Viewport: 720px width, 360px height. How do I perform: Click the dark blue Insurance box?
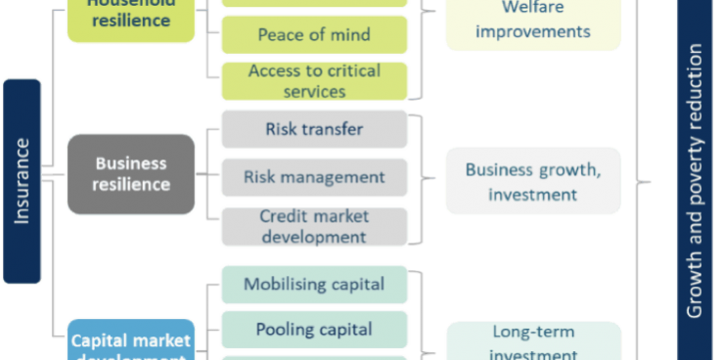pyautogui.click(x=22, y=181)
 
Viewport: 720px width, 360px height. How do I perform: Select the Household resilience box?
pyautogui.click(x=129, y=18)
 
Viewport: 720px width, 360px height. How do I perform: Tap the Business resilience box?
pyautogui.click(x=131, y=174)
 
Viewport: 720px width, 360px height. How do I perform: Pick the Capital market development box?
pyautogui.click(x=131, y=341)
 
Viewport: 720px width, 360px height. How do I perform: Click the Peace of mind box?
pyautogui.click(x=314, y=35)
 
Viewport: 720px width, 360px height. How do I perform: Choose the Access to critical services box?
pyautogui.click(x=314, y=80)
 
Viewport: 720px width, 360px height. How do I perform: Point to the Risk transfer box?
pyautogui.click(x=314, y=129)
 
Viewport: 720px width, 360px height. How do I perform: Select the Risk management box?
pyautogui.click(x=314, y=177)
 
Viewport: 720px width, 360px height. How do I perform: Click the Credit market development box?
pyautogui.click(x=314, y=226)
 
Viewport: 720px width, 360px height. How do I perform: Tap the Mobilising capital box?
pyautogui.click(x=314, y=285)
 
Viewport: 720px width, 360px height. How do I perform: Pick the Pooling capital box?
pyautogui.click(x=314, y=330)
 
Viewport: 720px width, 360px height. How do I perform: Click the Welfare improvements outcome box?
pyautogui.click(x=532, y=22)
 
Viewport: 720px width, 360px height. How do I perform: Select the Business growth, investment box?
pyautogui.click(x=532, y=182)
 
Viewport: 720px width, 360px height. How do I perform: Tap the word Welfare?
pyautogui.click(x=532, y=9)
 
